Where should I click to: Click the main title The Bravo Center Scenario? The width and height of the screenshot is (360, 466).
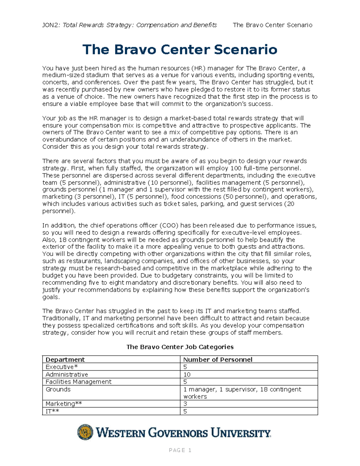click(x=180, y=50)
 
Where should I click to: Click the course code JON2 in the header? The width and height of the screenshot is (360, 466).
click(x=51, y=25)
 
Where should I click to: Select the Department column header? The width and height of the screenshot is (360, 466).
click(x=65, y=359)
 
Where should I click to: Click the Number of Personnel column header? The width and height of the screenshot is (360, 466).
click(x=217, y=359)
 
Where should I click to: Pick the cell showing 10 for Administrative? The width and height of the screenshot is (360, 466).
click(x=187, y=374)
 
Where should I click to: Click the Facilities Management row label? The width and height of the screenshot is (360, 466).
click(x=78, y=382)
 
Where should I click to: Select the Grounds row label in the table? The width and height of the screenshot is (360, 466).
click(x=58, y=389)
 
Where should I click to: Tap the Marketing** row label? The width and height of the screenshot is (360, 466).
click(x=64, y=404)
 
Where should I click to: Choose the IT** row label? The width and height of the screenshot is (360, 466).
click(x=52, y=411)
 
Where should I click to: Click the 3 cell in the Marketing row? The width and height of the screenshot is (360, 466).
click(x=185, y=404)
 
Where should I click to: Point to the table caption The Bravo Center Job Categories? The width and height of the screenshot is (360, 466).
click(x=180, y=347)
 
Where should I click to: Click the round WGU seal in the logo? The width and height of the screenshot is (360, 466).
click(x=85, y=432)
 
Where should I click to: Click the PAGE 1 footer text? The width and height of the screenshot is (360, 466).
click(x=180, y=450)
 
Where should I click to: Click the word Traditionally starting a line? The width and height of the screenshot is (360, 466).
click(x=60, y=318)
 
